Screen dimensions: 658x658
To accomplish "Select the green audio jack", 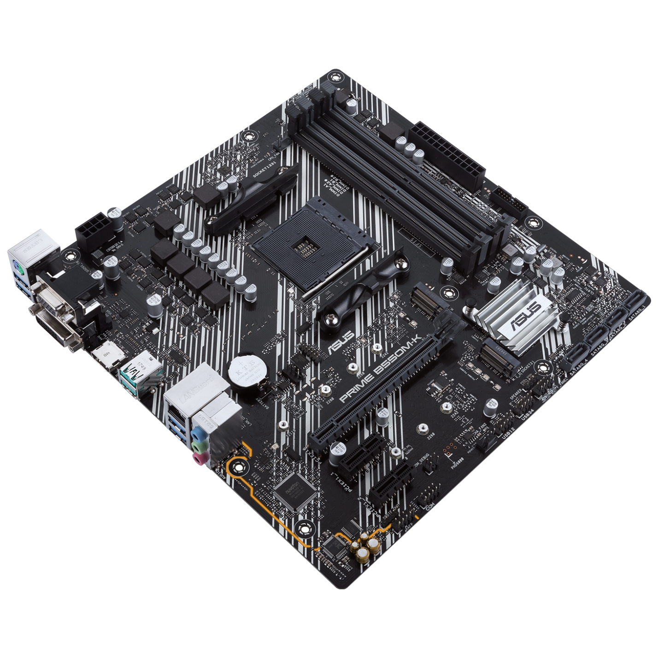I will click(198, 445).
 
